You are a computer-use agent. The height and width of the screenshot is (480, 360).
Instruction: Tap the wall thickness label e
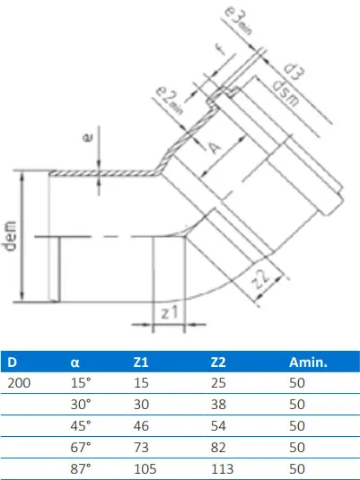coord(88,139)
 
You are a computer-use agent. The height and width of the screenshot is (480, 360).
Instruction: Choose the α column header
coord(75,363)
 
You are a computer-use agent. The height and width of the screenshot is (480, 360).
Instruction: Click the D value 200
coord(18,383)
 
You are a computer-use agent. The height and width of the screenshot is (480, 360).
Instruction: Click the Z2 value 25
coord(216,383)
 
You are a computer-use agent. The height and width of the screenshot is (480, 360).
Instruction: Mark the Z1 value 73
coord(142,445)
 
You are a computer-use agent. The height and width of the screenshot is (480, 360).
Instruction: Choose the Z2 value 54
coord(216,424)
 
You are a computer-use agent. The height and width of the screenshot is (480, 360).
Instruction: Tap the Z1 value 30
coord(142,404)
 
